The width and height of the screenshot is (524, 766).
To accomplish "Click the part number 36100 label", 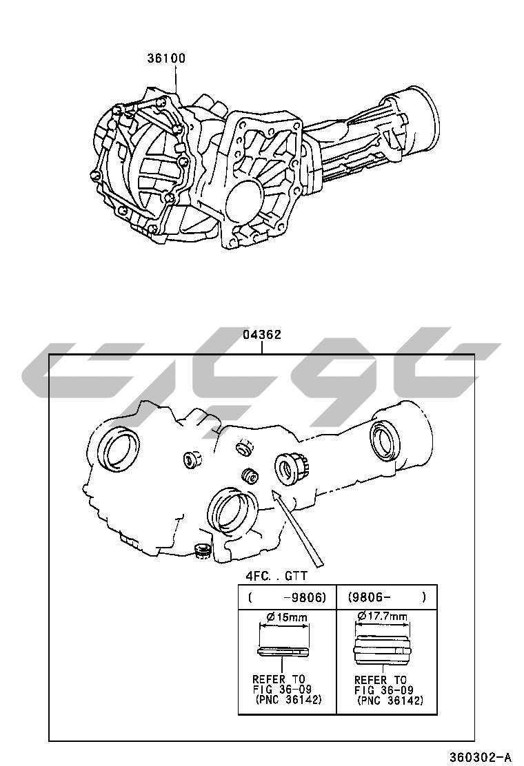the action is coord(167,58).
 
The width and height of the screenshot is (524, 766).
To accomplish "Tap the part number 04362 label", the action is coord(263,335).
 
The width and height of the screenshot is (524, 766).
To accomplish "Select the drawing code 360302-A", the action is coord(481,757).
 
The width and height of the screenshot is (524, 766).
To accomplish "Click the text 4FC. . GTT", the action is coord(276,575).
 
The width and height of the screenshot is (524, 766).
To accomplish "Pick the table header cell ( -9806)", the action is coord(287,597).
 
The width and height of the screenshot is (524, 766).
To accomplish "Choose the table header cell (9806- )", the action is coord(387,597).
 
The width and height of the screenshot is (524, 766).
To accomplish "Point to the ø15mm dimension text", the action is coord(287,617).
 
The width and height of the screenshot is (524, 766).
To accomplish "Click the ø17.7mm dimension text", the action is coord(382,616).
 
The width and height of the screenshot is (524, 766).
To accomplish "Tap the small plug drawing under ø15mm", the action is coord(282,652).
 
